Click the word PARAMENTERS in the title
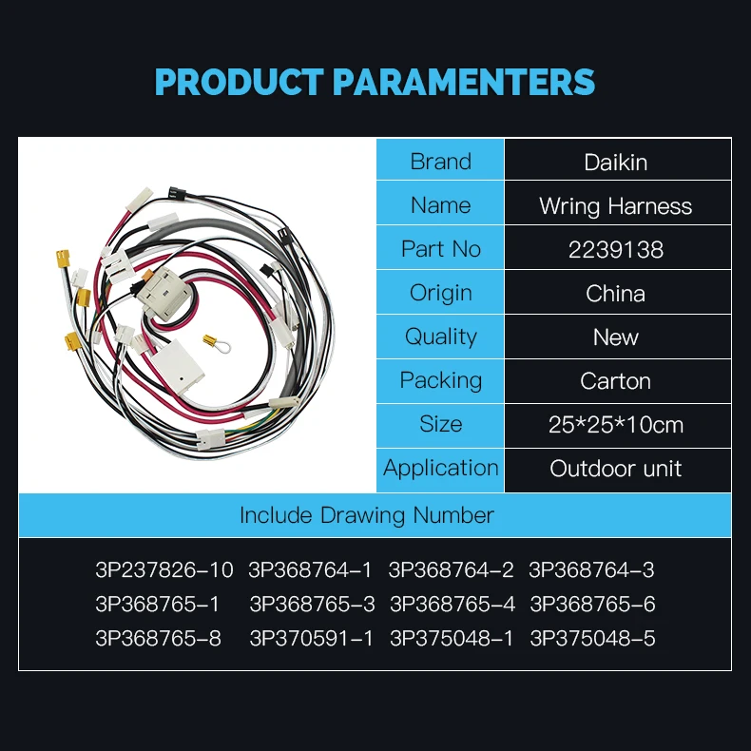pos(464,82)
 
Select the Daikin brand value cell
pos(616,162)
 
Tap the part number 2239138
pos(616,249)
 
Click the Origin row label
pos(440,293)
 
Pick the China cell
pos(616,293)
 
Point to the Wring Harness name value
pos(616,205)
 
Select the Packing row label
pos(440,380)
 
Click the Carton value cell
pos(616,380)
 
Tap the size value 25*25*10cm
pos(616,424)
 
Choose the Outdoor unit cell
pos(616,468)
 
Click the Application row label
pos(440,468)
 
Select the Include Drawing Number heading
pos(366,515)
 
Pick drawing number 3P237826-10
pos(164,570)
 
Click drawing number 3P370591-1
pos(311,639)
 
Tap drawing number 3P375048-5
pos(592,639)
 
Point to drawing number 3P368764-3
pos(591,570)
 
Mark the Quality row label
pos(440,337)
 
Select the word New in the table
pos(616,337)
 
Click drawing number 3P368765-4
pos(452,605)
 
